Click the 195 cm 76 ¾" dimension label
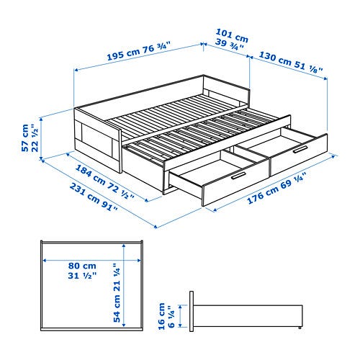(138, 51)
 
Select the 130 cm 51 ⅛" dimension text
(290, 62)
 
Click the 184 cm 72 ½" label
(105, 181)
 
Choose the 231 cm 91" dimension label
(94, 197)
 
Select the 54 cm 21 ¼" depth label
(117, 293)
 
